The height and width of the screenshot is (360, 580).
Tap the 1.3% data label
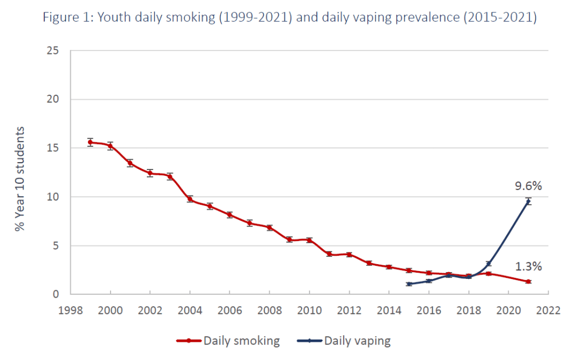coord(528,266)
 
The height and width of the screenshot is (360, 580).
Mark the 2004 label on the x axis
coord(189,311)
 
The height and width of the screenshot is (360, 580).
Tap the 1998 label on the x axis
coord(70,311)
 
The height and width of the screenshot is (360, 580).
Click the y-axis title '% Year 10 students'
coord(21,178)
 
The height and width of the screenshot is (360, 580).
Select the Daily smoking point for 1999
coord(90,142)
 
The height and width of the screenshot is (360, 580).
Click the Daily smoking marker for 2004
coord(189,199)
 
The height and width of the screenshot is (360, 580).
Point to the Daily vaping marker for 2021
coord(528,201)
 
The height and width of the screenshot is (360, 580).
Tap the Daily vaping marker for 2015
coord(408,284)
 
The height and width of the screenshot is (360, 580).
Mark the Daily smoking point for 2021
coord(528,282)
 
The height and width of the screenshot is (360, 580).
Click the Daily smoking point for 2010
coord(309,240)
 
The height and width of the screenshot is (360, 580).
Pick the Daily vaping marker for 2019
coord(488,264)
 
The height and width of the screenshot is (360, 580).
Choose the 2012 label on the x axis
coord(349,311)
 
